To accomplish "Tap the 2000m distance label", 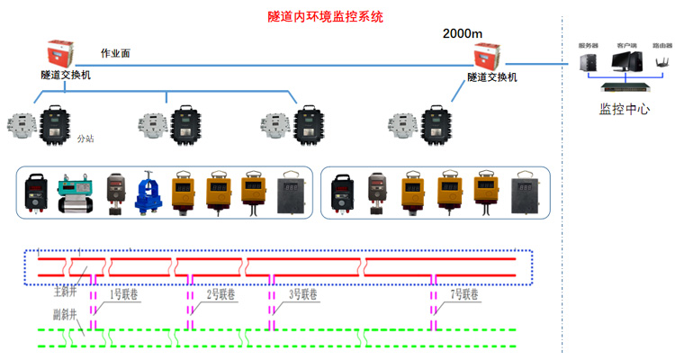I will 463,34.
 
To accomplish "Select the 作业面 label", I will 114,54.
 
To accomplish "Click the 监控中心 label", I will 625,110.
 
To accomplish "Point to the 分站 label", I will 85,139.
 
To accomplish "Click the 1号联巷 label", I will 124,293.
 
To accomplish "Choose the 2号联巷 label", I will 221,293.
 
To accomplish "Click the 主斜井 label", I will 66,292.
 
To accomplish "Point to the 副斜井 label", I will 64,315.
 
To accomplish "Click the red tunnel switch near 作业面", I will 65,52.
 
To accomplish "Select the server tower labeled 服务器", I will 589,63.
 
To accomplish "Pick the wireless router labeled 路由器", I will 661,64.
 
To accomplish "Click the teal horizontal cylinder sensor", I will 76,193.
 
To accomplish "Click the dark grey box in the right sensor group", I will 525,193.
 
